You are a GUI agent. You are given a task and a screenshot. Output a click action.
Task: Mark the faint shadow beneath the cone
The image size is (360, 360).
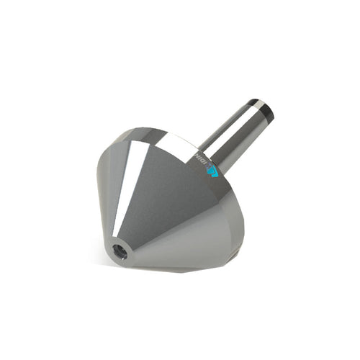[180, 271]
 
